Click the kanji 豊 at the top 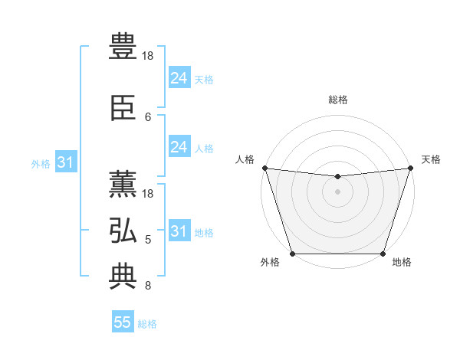point(123,45)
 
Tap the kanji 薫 point(123,184)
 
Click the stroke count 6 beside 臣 point(148,116)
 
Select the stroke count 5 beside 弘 point(148,240)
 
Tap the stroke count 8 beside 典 point(148,286)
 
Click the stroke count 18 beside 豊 point(149,56)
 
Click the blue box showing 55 point(123,322)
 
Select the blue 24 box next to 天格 point(179,77)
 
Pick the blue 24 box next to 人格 point(179,147)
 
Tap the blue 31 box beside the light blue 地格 point(179,231)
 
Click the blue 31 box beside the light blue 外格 point(65,162)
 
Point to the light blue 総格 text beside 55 point(147,324)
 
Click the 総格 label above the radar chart point(337,100)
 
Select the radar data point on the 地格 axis point(383,254)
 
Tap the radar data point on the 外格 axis point(292,254)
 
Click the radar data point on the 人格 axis point(264,168)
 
